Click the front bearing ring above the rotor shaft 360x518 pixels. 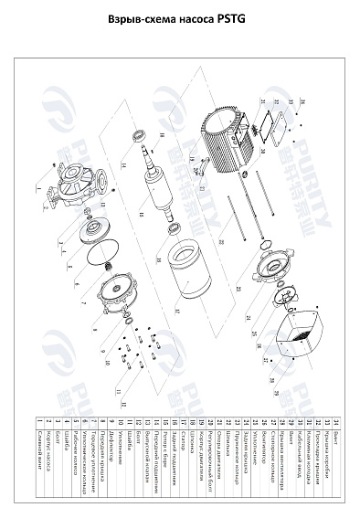pyautogui.click(x=141, y=137)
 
